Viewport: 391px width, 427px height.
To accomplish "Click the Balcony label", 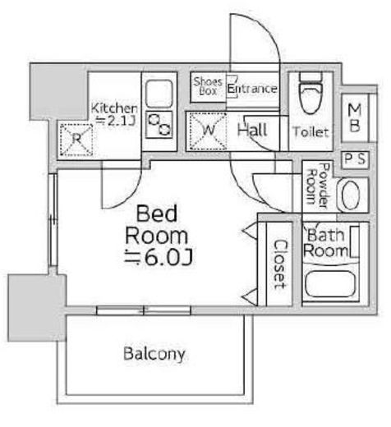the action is click(154, 354).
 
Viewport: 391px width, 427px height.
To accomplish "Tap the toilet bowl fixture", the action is click(311, 93).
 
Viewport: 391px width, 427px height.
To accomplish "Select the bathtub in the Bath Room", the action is click(330, 284).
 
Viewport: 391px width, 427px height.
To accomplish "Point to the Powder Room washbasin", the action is click(351, 195).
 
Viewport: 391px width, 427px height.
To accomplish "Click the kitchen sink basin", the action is click(159, 94).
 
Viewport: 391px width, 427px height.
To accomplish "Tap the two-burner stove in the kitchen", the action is click(159, 125).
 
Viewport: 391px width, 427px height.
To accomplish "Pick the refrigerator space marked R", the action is click(76, 140).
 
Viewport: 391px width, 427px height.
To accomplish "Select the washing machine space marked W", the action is click(209, 131).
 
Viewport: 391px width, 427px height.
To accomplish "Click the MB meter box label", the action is click(355, 118).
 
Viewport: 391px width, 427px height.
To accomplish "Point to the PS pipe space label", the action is click(355, 159).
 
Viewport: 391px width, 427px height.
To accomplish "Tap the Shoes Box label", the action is click(208, 86).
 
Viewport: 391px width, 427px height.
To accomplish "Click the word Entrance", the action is click(252, 89).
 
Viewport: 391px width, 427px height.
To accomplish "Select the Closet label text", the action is click(281, 264).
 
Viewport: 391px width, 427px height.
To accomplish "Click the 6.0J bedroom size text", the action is click(159, 257).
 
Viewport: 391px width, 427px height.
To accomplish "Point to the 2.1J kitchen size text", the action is click(115, 121).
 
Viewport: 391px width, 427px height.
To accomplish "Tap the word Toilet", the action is click(310, 132).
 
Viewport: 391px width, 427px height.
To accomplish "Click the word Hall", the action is click(252, 130).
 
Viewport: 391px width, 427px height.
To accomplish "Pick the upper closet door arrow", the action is click(251, 231).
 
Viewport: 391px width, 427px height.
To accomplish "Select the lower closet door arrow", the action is click(251, 296).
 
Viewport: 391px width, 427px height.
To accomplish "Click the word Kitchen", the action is click(114, 108).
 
